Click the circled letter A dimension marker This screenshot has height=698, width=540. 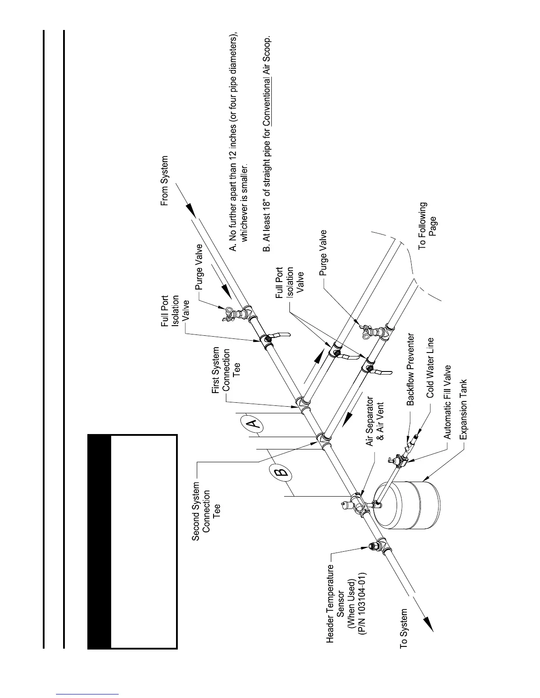[252, 424]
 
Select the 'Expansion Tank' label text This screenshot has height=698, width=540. [463, 410]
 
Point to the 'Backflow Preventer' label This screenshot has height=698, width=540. [411, 369]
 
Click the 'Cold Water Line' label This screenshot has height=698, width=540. [431, 368]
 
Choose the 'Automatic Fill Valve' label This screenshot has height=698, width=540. [447, 402]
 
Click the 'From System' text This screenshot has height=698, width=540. [164, 181]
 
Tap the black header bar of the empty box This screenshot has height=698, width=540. [99, 542]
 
